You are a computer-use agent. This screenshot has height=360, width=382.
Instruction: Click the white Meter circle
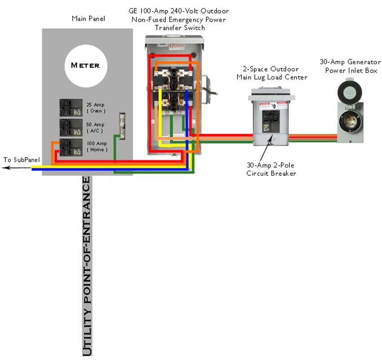coord(85,66)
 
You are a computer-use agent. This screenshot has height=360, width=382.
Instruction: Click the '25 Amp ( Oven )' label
coord(96,108)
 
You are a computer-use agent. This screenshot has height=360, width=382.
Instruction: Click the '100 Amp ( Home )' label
coord(97,146)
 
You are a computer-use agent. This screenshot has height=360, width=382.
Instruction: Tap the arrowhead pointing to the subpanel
coord(4,168)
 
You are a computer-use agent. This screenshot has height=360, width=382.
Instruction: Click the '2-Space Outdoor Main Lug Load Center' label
coord(272,73)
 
